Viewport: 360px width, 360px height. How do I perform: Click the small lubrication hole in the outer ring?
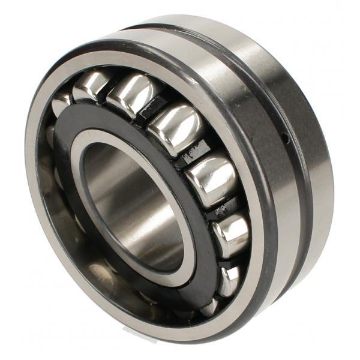(287, 139)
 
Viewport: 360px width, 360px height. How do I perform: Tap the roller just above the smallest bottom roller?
(232, 231)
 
